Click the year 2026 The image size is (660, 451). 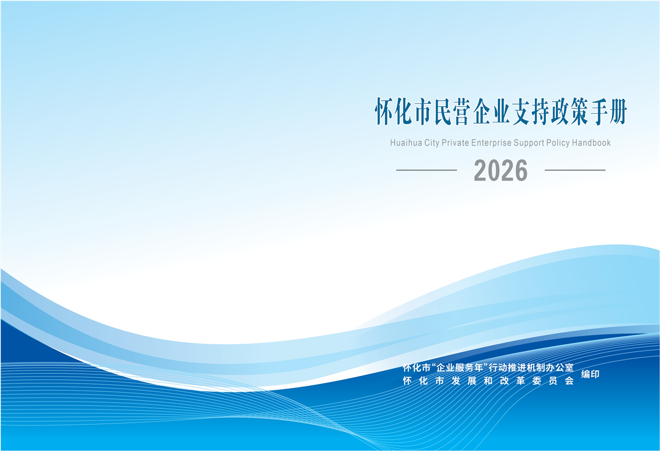[x=500, y=170]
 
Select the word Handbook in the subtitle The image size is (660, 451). [x=591, y=143]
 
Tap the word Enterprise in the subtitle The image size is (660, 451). [x=491, y=143]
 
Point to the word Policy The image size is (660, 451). [x=558, y=143]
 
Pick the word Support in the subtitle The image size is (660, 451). [x=529, y=143]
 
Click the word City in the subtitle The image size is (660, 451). [x=431, y=143]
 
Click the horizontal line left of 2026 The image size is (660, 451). [x=426, y=170]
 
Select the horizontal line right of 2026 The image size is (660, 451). [x=575, y=170]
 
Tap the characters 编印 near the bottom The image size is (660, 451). [x=590, y=374]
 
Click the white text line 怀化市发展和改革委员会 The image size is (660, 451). [x=488, y=381]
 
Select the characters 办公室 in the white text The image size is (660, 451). [x=561, y=368]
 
